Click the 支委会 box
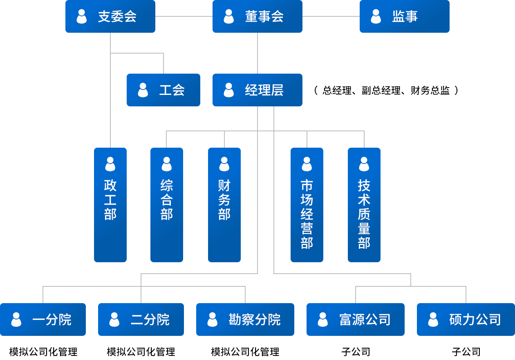point(110,16)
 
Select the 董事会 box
point(257,16)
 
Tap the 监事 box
point(405,16)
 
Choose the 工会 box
point(163,90)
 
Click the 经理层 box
point(257,90)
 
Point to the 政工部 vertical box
point(110,205)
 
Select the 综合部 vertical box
point(167,205)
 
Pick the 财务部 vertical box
point(224,205)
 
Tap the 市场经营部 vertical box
point(307,205)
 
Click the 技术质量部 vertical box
point(364,205)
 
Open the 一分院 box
point(43,319)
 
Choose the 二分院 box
point(141,319)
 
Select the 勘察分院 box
point(245,319)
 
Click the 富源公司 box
point(356,319)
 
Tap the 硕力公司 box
point(466,319)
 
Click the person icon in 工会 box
point(143,90)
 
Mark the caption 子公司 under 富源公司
point(356,351)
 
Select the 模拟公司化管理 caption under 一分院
point(43,351)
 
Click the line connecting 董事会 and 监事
point(331,16)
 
